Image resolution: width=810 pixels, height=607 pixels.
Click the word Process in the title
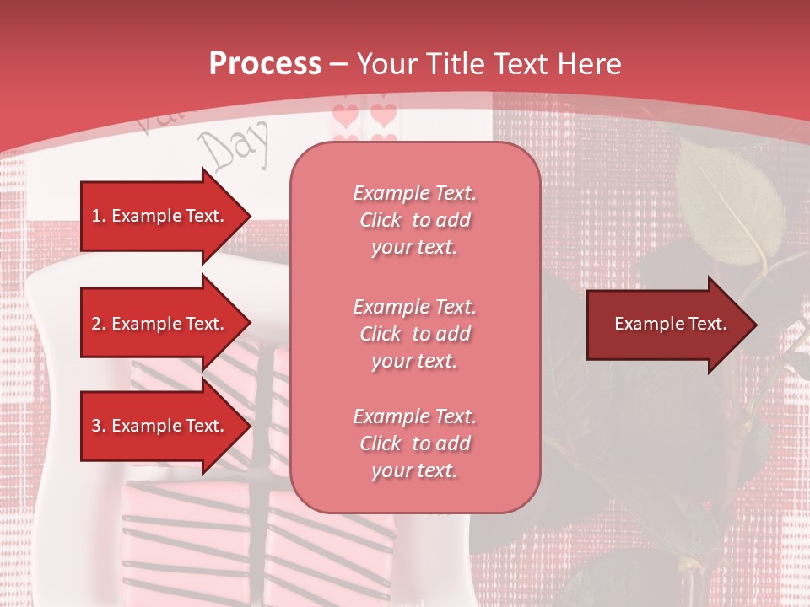coord(265,64)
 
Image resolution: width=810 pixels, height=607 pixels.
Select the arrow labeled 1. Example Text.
coord(160,216)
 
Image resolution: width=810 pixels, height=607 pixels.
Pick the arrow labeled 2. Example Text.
coord(160,324)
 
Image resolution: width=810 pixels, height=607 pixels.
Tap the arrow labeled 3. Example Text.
coord(160,426)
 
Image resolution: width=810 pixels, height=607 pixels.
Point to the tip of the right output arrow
coord(755,325)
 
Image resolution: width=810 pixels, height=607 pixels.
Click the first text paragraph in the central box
coord(415,220)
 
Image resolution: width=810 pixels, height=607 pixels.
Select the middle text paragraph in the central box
coord(415,334)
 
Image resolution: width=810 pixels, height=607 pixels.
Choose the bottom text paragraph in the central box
coord(415,443)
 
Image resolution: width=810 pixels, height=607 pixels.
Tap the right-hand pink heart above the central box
coord(384,115)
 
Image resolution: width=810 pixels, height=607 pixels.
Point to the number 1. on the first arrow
coord(98,216)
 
